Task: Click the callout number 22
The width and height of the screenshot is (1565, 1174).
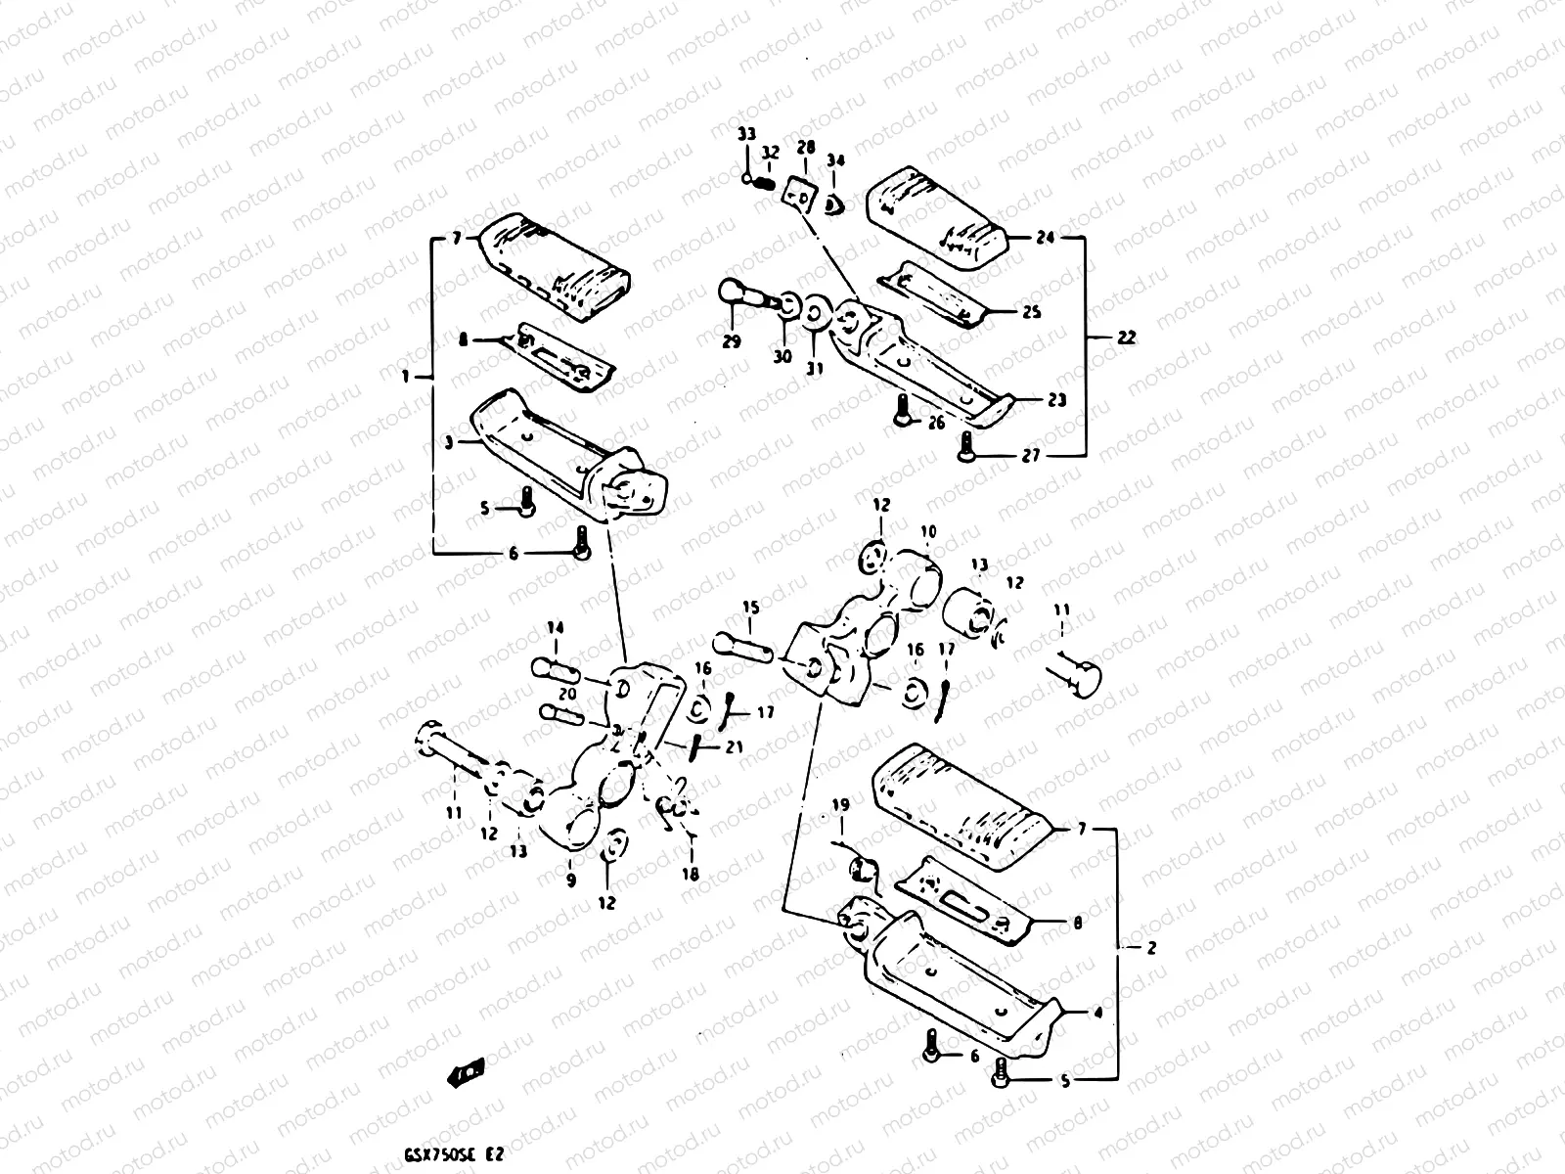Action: click(x=1126, y=338)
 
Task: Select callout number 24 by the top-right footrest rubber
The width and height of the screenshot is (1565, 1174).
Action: click(x=1046, y=238)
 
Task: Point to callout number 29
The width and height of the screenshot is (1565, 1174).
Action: click(x=732, y=341)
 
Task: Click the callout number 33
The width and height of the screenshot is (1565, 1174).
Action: click(x=746, y=134)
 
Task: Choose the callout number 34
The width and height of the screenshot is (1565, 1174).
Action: click(x=834, y=159)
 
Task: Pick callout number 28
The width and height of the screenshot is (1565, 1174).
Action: click(x=805, y=147)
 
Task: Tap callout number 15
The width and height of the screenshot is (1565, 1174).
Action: click(x=749, y=609)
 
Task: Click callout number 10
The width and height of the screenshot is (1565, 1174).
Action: click(x=928, y=531)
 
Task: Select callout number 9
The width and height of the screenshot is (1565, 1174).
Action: click(x=571, y=880)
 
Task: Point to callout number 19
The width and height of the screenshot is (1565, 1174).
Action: click(x=841, y=805)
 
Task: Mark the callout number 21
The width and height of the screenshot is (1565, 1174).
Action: click(x=734, y=747)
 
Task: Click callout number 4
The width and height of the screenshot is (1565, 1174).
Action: click(x=1097, y=1015)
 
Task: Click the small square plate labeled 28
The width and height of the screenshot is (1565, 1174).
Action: click(x=801, y=192)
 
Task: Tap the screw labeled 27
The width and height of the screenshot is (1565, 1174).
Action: click(x=967, y=449)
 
